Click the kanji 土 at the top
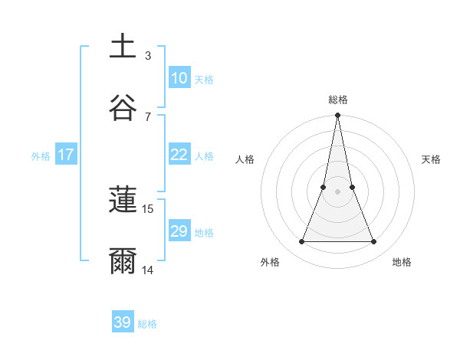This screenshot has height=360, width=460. tap(123, 46)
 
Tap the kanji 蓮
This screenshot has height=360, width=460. tap(123, 200)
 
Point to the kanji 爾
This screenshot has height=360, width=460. tap(123, 260)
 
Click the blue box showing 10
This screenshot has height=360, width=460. tap(179, 78)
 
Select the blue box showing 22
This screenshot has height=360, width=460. tap(179, 155)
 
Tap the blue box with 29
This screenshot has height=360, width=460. tap(179, 231)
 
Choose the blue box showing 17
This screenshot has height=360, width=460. tap(65, 155)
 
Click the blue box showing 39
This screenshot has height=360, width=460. tap(123, 322)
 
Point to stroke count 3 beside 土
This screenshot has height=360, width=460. tap(148, 56)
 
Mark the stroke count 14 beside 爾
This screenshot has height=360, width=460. tap(148, 270)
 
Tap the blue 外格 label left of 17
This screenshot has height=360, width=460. tap(41, 156)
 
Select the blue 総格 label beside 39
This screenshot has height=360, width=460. tap(147, 324)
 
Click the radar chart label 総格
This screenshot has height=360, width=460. tap(338, 100)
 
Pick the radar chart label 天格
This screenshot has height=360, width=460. tap(432, 159)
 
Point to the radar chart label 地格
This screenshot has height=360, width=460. tap(402, 262)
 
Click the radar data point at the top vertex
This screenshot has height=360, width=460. tap(337, 116)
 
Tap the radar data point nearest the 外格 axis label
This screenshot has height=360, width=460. tap(301, 242)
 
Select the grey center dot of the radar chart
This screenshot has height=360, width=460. tap(337, 191)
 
